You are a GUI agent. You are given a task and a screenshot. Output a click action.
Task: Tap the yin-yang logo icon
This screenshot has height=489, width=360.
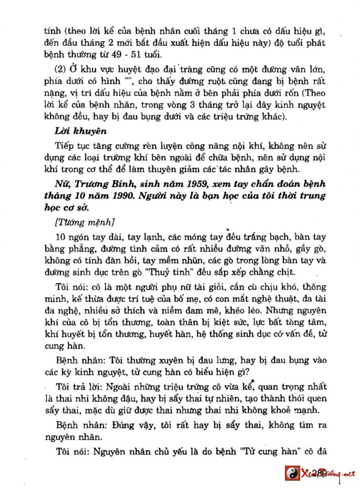[292, 473]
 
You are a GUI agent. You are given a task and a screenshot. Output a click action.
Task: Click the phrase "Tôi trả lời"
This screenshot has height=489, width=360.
[76, 387]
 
